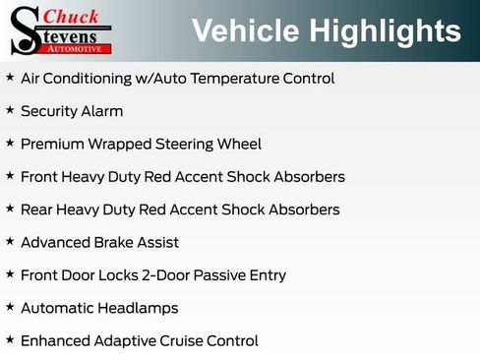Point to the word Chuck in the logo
click(72, 16)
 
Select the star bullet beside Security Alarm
click(10, 110)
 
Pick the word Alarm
click(102, 111)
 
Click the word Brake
click(118, 242)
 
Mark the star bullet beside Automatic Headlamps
click(10, 307)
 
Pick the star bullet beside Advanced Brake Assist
click(10, 241)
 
